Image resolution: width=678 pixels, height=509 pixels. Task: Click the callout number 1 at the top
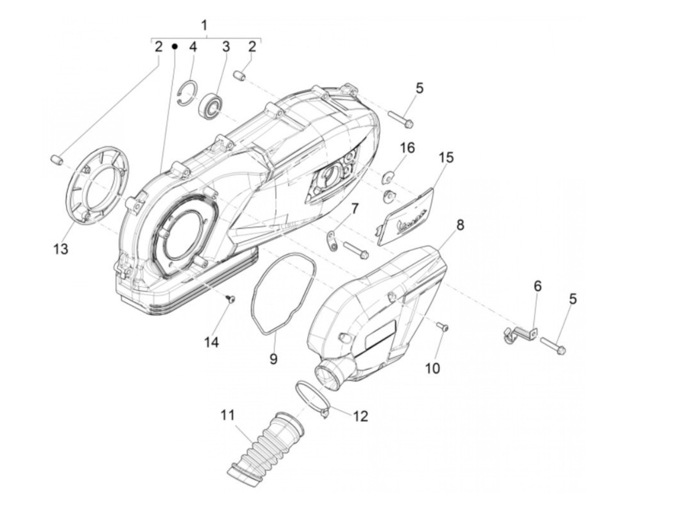click(x=204, y=25)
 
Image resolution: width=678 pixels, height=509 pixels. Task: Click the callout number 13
click(x=61, y=249)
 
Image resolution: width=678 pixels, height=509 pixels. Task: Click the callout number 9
click(x=273, y=359)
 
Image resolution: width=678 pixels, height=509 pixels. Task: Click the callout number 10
click(x=432, y=368)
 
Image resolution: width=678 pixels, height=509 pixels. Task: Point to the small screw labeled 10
click(x=443, y=328)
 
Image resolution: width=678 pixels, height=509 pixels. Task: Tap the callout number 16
click(x=407, y=148)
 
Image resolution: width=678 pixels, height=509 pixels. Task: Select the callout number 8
click(x=460, y=225)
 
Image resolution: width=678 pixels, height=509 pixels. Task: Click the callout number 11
click(x=227, y=415)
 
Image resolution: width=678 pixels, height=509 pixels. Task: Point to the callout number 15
click(x=447, y=158)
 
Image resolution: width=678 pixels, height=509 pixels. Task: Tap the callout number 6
click(x=538, y=286)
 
